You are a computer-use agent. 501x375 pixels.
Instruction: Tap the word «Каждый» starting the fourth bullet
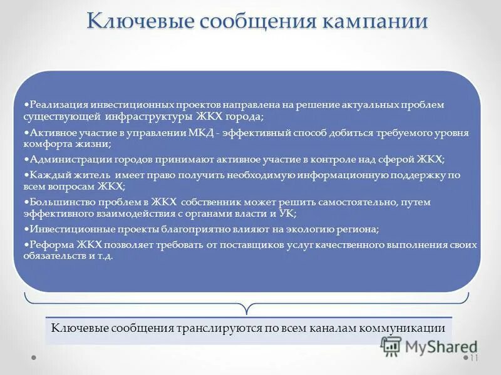click(46, 175)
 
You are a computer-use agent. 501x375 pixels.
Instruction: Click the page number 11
click(473, 358)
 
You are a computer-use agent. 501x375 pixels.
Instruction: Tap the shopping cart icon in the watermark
click(391, 346)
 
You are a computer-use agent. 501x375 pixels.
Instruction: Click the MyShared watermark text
click(441, 346)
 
